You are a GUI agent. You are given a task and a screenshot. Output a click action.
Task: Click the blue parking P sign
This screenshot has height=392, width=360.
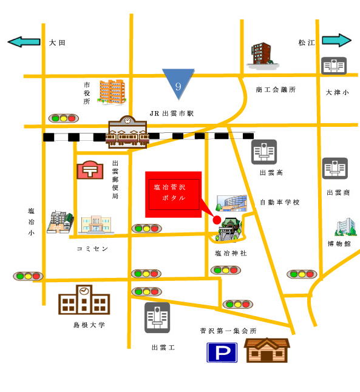tap(222, 353)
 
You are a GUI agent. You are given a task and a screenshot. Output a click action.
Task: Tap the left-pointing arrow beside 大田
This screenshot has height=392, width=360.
tap(24, 42)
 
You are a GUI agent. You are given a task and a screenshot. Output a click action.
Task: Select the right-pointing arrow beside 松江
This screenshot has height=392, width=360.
tap(336, 40)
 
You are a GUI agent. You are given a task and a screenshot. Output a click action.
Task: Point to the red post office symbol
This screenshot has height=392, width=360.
tap(90, 171)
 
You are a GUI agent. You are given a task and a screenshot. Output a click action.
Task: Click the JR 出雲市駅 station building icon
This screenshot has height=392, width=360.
tap(127, 132)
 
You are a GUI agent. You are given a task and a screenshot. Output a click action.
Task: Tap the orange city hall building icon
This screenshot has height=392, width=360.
tap(112, 92)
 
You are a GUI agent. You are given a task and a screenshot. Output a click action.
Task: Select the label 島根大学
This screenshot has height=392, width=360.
tap(89, 325)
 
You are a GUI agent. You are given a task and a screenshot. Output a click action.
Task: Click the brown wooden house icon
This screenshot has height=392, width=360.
tap(267, 350)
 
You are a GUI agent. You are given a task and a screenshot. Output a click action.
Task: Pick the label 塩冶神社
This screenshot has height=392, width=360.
tap(231, 253)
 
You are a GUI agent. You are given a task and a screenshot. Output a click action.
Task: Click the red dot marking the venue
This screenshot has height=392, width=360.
tap(217, 220)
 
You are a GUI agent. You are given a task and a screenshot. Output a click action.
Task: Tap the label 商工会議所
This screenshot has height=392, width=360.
tap(276, 89)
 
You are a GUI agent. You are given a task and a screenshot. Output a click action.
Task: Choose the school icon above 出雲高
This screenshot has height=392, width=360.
tap(264, 152)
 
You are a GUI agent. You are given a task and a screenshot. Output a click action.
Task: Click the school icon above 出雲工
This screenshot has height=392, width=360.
tap(157, 317)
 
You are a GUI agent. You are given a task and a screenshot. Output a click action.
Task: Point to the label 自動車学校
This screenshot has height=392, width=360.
tap(280, 202)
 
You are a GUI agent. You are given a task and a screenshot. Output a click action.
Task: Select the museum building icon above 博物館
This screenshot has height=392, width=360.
tap(346, 227)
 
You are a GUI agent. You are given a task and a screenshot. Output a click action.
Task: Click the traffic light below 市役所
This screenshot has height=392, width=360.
tap(64, 118)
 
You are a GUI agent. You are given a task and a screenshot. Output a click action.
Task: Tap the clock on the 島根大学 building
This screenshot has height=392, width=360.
tap(84, 291)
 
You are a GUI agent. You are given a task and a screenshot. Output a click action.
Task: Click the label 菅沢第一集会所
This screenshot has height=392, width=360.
tap(228, 331)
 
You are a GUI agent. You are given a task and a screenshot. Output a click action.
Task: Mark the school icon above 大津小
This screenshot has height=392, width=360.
tap(334, 66)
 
